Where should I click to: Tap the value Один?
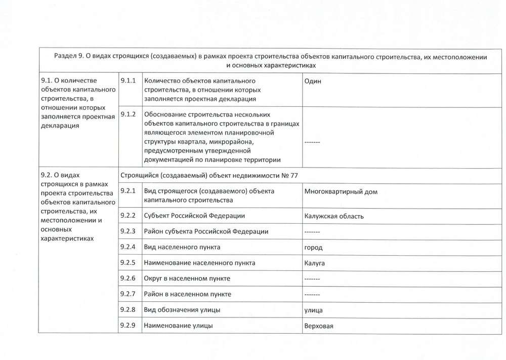pyautogui.click(x=313, y=81)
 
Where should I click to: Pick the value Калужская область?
pyautogui.click(x=334, y=216)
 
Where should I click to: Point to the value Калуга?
pyautogui.click(x=314, y=263)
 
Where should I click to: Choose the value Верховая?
pyautogui.click(x=319, y=326)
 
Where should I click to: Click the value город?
pyautogui.click(x=313, y=248)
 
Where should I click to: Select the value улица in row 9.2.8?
pyautogui.click(x=314, y=310)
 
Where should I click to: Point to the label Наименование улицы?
pyautogui.click(x=179, y=326)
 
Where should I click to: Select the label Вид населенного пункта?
pyautogui.click(x=182, y=248)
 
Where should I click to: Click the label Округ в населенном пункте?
pyautogui.click(x=187, y=279)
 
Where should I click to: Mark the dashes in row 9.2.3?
pyautogui.click(x=312, y=232)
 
